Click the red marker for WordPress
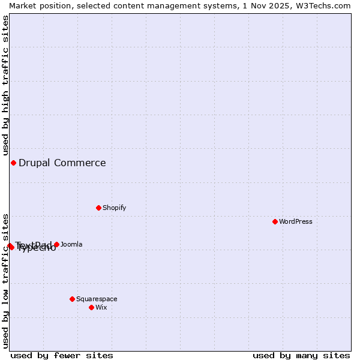coord(275,221)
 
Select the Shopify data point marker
coord(98,208)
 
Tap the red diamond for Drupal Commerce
coord(13,163)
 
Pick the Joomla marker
coord(56,244)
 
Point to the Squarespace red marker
coord(72,299)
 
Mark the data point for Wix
coord(91,307)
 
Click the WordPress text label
coord(296,221)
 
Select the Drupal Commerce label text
coord(62,163)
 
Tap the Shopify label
coord(114,208)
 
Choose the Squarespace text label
coord(97,299)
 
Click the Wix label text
coord(101,307)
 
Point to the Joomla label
coord(71,244)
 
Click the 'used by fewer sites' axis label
coord(62,355)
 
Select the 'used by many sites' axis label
coord(301,355)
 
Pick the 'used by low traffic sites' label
coord(5,280)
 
